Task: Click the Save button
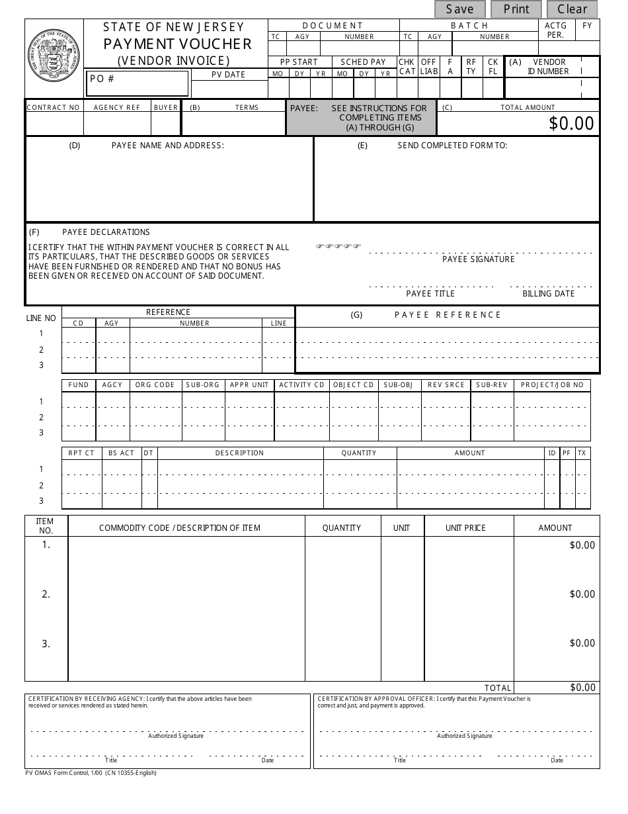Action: click(x=459, y=9)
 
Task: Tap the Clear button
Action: click(x=572, y=9)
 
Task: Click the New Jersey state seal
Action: click(x=54, y=58)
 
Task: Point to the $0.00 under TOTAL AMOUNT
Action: click(x=571, y=124)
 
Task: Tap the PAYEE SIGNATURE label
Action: click(x=478, y=259)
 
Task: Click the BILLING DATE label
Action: click(x=548, y=294)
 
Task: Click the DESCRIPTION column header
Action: click(x=239, y=453)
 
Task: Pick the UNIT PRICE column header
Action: click(x=465, y=528)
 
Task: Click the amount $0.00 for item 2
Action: click(x=582, y=594)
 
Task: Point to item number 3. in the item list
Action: click(x=46, y=644)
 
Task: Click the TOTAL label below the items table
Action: click(x=498, y=688)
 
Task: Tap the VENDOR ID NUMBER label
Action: click(x=549, y=67)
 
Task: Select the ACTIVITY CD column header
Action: click(x=301, y=385)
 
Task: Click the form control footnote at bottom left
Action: click(x=91, y=773)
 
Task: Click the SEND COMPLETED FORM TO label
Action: click(x=452, y=146)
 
